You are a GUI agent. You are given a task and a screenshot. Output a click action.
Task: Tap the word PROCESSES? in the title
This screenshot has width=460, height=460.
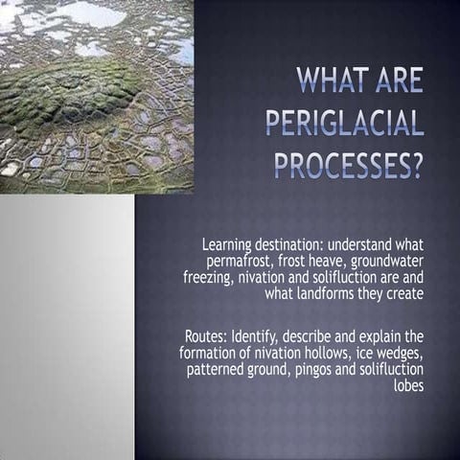349,166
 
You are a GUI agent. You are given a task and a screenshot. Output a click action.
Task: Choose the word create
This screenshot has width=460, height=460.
402,293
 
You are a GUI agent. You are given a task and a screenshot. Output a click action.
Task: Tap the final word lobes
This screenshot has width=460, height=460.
406,385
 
